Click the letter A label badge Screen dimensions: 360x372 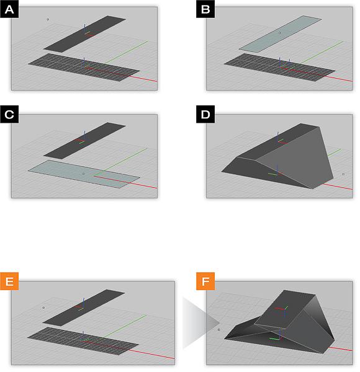9,9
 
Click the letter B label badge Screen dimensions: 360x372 205,9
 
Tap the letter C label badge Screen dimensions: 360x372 9,114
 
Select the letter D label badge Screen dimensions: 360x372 205,114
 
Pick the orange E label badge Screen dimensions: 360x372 9,281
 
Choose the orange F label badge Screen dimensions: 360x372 205,281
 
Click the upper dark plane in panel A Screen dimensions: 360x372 85,34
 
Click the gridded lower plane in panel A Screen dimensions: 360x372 84,67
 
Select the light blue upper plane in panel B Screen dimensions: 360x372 280,33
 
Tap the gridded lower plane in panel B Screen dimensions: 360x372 279,67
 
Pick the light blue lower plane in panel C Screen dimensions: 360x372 84,174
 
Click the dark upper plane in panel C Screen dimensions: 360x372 84,141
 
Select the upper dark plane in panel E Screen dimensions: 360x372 84,308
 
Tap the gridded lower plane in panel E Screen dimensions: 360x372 83,341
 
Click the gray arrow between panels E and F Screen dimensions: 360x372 201,322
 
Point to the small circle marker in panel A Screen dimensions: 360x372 48,19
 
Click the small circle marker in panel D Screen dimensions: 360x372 343,174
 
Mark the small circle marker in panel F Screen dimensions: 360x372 218,330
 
